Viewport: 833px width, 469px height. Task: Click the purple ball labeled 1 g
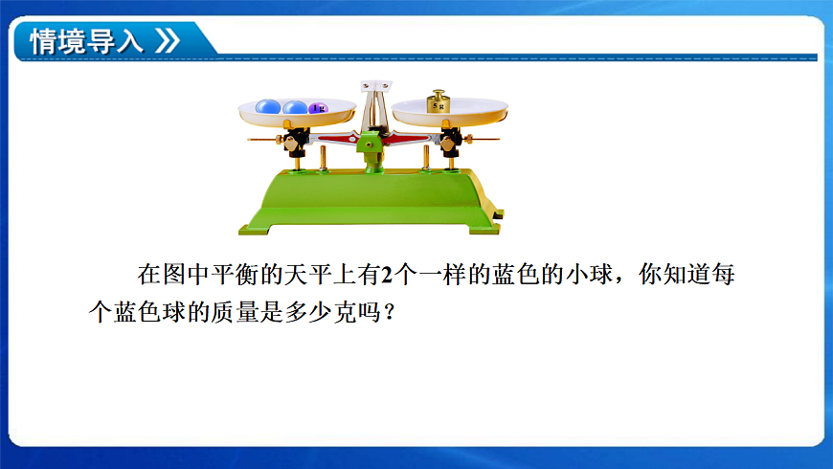click(318, 108)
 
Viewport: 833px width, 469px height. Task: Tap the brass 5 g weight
click(439, 102)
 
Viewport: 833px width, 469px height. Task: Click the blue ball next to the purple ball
click(295, 107)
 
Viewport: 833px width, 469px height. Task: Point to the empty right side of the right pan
click(484, 108)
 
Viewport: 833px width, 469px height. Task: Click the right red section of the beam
click(407, 138)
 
